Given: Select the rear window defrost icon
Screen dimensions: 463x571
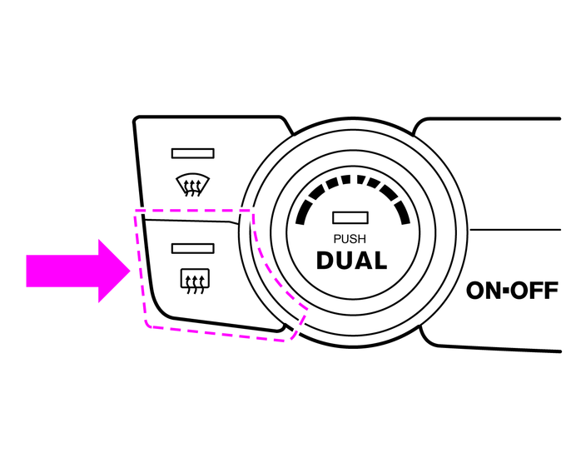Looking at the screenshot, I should coord(192,280).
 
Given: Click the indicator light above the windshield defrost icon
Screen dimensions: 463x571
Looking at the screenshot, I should coord(192,153).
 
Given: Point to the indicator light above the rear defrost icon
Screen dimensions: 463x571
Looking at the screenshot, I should coord(192,247).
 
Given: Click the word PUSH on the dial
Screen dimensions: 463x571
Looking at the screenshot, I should coord(350,239).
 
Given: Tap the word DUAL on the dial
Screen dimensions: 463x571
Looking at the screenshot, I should coord(351,260).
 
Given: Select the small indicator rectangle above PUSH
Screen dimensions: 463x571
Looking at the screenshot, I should coord(350,218).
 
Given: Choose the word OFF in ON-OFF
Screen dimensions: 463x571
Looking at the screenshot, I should coord(533,291).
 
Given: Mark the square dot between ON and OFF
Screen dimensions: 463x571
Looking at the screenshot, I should coord(504,291).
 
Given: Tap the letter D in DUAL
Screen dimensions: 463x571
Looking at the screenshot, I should coord(325,260).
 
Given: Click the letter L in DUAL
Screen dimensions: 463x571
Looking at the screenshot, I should coord(380,260).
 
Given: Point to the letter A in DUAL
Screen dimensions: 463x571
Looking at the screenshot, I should coord(363,260).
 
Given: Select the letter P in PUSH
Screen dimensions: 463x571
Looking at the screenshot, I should coord(336,239).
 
